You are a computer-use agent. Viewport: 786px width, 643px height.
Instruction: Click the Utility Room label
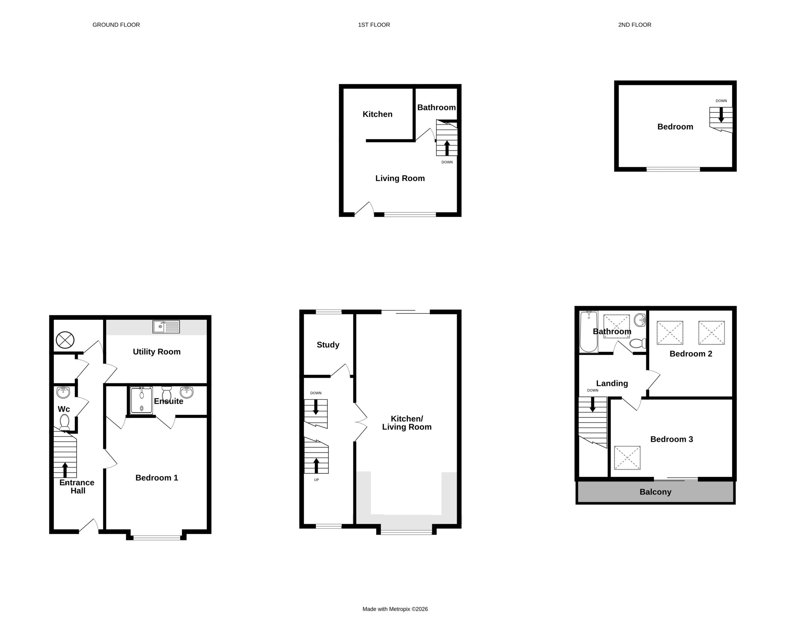pos(157,352)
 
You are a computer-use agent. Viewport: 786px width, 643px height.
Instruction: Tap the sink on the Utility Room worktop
pos(166,327)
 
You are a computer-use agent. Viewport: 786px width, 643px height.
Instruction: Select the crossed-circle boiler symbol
pos(65,340)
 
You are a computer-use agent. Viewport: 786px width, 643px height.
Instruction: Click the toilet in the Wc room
pos(64,422)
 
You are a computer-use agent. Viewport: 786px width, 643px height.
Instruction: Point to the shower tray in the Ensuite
pos(141,400)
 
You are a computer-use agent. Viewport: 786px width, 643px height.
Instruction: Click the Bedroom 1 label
pos(157,478)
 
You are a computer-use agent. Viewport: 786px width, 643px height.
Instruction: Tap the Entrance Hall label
pos(77,487)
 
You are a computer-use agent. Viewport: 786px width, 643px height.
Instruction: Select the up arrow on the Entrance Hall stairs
pos(65,470)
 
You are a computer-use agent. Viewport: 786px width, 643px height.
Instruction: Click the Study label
pos(328,345)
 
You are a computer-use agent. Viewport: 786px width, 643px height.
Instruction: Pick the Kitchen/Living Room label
pos(407,423)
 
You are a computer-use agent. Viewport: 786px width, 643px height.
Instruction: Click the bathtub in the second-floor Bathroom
pos(588,332)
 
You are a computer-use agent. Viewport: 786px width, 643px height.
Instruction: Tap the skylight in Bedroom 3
pos(627,458)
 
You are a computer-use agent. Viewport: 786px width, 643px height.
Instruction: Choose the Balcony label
pos(656,492)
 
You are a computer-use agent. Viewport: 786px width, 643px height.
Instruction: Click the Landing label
pos(612,383)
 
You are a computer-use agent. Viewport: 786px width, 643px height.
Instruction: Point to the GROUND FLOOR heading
pos(116,25)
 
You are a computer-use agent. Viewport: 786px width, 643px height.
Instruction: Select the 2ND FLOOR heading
pos(635,25)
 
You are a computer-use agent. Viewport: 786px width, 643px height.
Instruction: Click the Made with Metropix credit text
pos(395,609)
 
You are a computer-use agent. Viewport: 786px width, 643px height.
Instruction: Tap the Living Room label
pos(400,179)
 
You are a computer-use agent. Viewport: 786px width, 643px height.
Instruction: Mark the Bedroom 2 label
pos(691,354)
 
